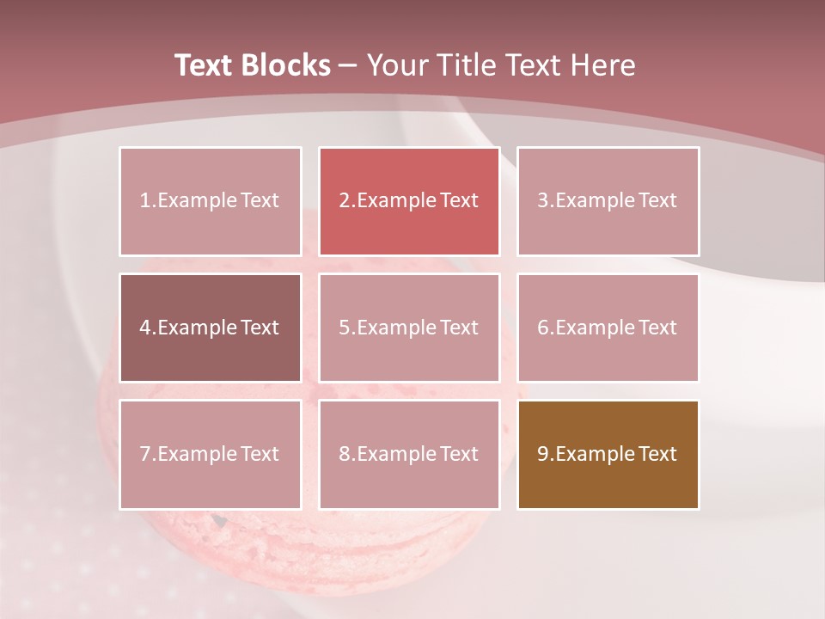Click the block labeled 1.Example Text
click(x=210, y=201)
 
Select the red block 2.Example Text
click(x=409, y=201)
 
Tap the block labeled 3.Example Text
click(x=608, y=201)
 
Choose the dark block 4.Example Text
click(x=210, y=328)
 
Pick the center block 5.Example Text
click(x=409, y=328)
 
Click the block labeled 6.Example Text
click(x=608, y=328)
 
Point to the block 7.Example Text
click(x=210, y=454)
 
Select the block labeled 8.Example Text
click(x=409, y=454)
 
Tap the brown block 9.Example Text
click(x=608, y=454)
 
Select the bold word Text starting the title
click(x=205, y=65)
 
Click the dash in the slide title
click(x=349, y=65)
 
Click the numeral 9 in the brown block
click(x=543, y=454)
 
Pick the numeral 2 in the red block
click(x=344, y=201)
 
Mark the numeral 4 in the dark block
click(x=145, y=328)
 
